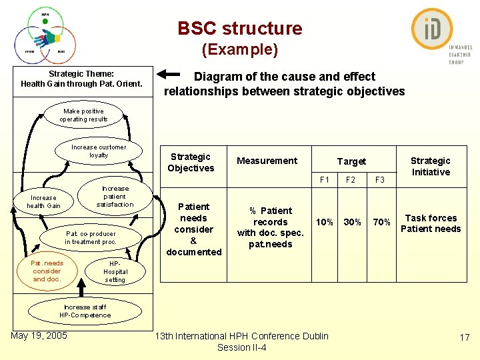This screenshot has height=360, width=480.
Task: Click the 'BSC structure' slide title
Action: click(x=239, y=29)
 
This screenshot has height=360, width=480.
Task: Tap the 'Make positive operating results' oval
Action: click(x=83, y=115)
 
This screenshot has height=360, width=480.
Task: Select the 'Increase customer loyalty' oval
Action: click(x=99, y=151)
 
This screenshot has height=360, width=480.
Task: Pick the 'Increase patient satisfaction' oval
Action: click(x=115, y=197)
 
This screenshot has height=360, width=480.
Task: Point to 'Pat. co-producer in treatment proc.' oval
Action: click(x=91, y=238)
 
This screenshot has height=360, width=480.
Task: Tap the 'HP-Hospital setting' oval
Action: click(x=115, y=271)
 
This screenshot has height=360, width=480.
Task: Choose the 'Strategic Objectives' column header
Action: click(x=191, y=162)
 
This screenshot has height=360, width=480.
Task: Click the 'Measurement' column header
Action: click(x=267, y=161)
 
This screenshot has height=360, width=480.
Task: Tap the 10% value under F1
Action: click(x=325, y=222)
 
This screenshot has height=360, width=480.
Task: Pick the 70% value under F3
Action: click(x=381, y=222)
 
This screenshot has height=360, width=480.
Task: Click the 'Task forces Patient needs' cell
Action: click(x=431, y=223)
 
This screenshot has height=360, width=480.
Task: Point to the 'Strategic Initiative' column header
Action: click(x=431, y=166)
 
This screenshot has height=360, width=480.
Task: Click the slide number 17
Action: click(x=465, y=338)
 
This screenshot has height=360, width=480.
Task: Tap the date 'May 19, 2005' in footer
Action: click(x=39, y=335)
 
